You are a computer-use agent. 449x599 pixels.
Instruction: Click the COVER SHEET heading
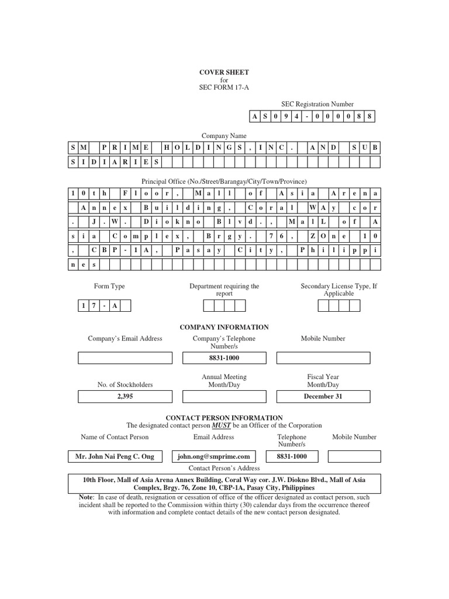[x=225, y=73]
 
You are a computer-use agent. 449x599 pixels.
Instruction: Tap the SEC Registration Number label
[x=313, y=103]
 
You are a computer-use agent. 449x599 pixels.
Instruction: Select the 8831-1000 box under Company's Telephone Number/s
[x=224, y=358]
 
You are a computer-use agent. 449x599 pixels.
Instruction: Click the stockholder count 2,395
[x=125, y=397]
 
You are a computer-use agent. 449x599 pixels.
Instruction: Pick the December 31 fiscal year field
[x=323, y=397]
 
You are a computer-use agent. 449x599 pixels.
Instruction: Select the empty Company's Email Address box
[x=125, y=358]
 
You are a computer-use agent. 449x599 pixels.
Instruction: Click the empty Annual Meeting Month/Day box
[x=224, y=397]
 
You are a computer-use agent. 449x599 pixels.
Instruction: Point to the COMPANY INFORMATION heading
[x=224, y=328]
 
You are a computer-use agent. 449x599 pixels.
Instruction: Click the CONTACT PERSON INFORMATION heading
[x=224, y=418]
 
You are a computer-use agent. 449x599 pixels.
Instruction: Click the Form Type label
[x=109, y=287]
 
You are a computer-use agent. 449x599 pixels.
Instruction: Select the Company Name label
[x=224, y=136]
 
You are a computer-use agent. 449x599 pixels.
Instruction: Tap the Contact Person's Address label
[x=224, y=469]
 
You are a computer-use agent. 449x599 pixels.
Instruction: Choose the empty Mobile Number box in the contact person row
[x=354, y=456]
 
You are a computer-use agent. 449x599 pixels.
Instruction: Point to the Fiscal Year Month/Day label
[x=323, y=381]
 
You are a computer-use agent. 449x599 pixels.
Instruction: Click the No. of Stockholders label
[x=125, y=385]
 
